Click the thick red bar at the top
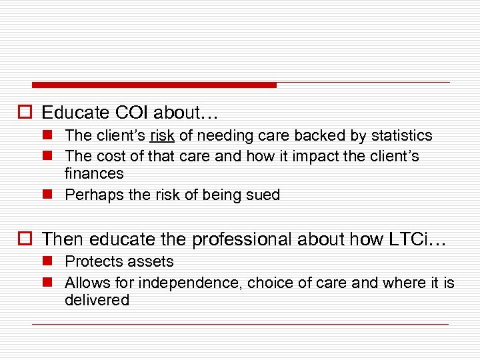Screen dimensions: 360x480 [x=154, y=85]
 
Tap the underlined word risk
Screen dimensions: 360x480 [x=162, y=136]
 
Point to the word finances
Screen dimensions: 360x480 [x=94, y=174]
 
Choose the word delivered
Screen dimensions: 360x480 [x=97, y=301]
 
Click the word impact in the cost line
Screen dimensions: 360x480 [x=307, y=157]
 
